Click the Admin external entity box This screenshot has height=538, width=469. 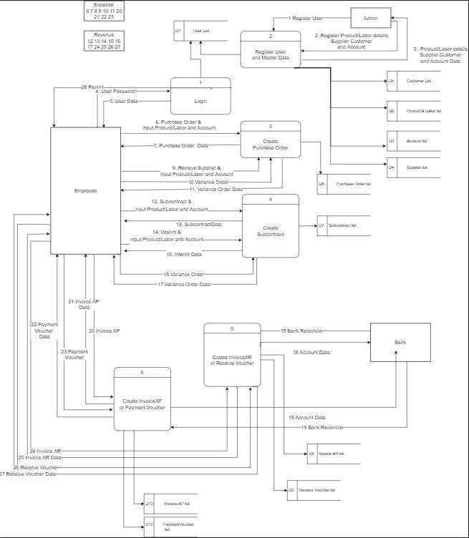[x=371, y=18]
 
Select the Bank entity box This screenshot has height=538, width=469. [x=400, y=342]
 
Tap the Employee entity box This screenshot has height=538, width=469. [x=86, y=190]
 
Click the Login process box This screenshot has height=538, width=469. [x=200, y=97]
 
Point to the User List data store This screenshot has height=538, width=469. [x=200, y=31]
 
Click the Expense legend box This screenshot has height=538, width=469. [x=104, y=11]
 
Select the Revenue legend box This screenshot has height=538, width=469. [x=104, y=41]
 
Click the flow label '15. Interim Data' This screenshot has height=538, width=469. [x=184, y=254]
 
